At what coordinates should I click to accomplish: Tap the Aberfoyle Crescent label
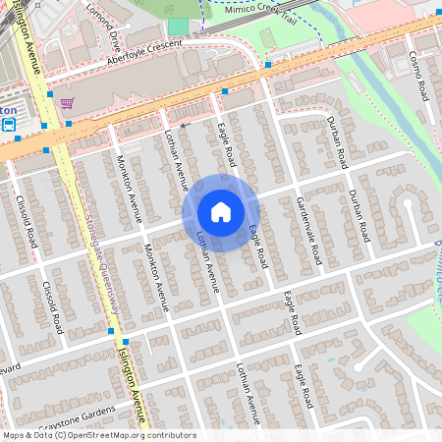tap(148, 55)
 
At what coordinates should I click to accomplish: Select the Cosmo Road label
tap(420, 75)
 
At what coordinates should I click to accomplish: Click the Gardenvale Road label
tap(308, 229)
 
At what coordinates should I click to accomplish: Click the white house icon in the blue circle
tap(221, 212)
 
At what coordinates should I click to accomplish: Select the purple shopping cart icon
tap(67, 102)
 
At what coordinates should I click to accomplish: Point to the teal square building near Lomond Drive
tap(177, 26)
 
